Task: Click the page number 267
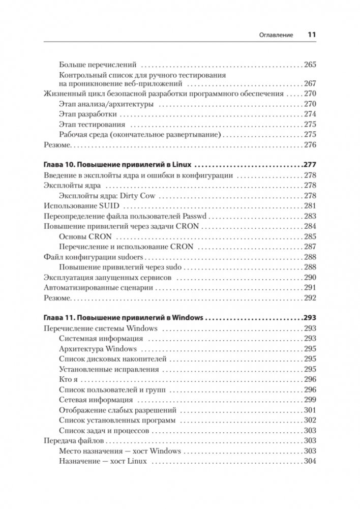point(310,84)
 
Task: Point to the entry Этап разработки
point(88,114)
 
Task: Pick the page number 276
point(310,144)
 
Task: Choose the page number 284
point(310,226)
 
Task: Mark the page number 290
point(310,277)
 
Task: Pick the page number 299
point(310,400)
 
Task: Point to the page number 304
point(310,461)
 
